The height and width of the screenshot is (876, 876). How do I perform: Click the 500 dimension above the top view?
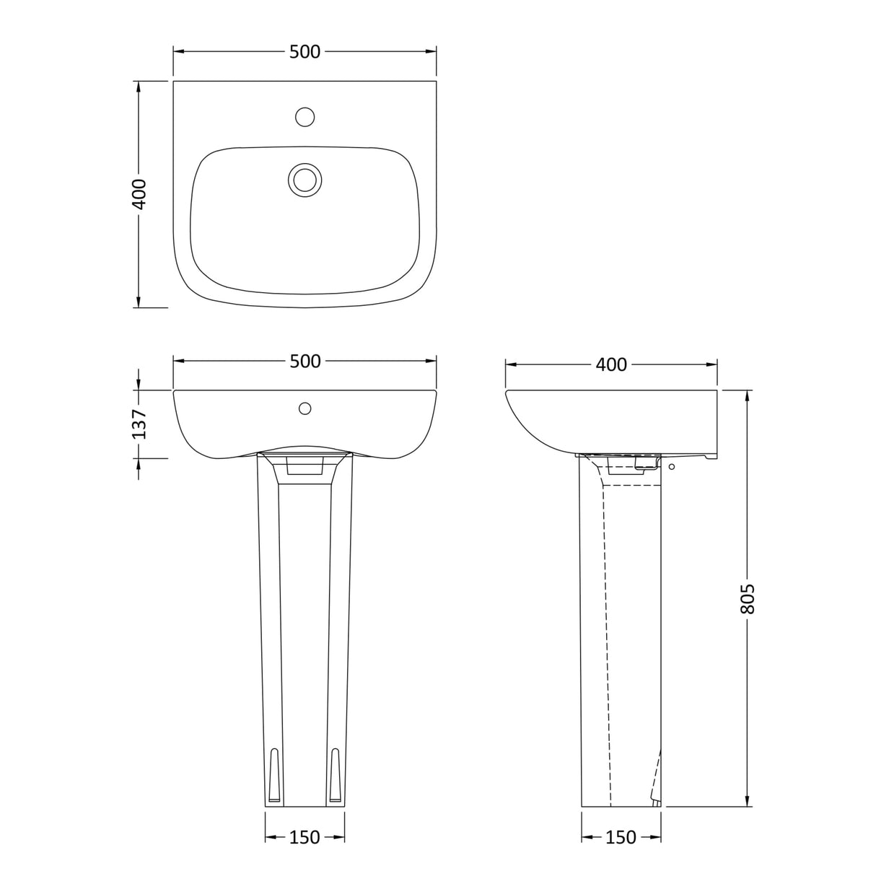pos(305,52)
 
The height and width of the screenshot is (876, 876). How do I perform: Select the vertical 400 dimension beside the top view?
pos(139,193)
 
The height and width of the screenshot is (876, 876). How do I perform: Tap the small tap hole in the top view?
pos(305,116)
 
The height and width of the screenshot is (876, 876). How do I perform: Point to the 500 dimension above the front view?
pos(305,362)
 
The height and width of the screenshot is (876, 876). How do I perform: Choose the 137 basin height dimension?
pos(139,424)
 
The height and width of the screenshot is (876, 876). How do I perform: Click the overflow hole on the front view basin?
pos(305,409)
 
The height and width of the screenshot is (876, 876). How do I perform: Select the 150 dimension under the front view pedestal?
pos(305,837)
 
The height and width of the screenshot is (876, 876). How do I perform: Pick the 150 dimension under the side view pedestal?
pos(621,837)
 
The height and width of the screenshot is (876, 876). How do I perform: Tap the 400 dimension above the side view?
pos(611,365)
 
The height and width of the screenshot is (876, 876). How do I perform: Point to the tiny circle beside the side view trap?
pos(673,468)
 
